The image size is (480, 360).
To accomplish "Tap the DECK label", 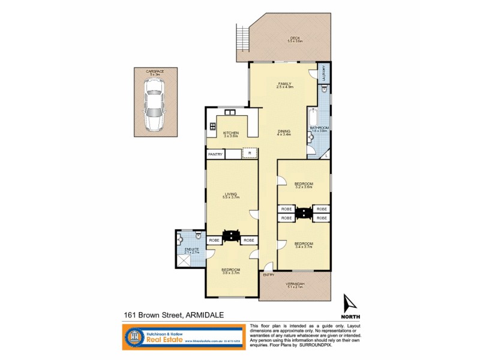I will (x=295, y=38).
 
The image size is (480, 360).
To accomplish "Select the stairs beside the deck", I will (x=242, y=39).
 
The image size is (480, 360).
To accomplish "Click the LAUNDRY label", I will (x=324, y=73).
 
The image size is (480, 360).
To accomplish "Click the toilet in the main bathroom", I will (x=324, y=89).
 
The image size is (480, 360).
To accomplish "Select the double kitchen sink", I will (x=230, y=112).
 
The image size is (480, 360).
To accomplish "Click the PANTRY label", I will (x=215, y=155).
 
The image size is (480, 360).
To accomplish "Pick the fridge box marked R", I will (x=250, y=154).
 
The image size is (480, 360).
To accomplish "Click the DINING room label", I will (x=284, y=131).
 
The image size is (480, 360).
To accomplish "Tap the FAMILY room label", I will (x=284, y=83).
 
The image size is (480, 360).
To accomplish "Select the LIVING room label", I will (x=230, y=193).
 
